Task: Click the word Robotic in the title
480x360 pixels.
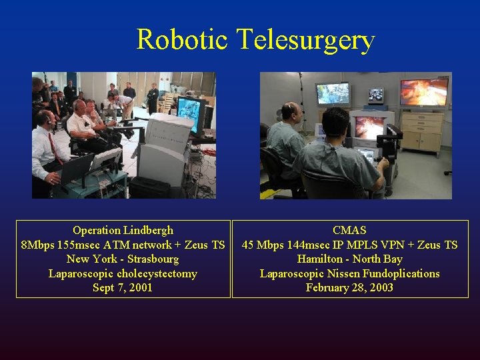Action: click(x=182, y=39)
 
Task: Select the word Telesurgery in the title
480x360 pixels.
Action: click(x=305, y=41)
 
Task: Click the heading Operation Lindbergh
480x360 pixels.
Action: click(x=123, y=230)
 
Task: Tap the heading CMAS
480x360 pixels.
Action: click(x=349, y=230)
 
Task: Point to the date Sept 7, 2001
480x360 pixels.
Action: click(x=123, y=287)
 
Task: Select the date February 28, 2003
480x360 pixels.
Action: click(x=349, y=287)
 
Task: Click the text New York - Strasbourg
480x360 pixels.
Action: click(x=123, y=259)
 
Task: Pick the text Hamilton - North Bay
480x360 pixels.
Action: click(x=349, y=259)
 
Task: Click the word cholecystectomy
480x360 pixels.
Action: click(x=157, y=273)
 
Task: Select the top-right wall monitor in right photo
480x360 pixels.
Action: click(x=423, y=92)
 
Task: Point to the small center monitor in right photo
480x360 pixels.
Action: click(x=376, y=95)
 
